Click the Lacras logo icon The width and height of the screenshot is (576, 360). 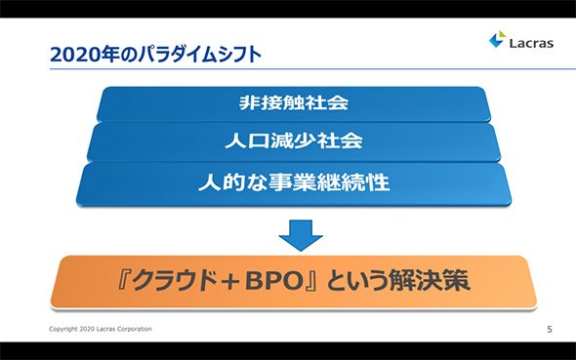pyautogui.click(x=497, y=39)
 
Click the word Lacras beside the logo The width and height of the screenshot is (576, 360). pyautogui.click(x=531, y=43)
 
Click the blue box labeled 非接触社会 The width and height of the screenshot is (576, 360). pyautogui.click(x=294, y=103)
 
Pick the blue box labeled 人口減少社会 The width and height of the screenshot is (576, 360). pyautogui.click(x=294, y=142)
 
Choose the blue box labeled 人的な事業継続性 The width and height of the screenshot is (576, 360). pyautogui.click(x=294, y=183)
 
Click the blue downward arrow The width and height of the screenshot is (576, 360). pyautogui.click(x=301, y=235)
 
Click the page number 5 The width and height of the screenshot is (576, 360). pyautogui.click(x=550, y=329)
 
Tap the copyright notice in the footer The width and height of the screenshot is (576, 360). pyautogui.click(x=101, y=329)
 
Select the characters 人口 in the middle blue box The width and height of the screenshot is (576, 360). pyautogui.click(x=247, y=140)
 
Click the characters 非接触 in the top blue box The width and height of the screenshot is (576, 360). pyautogui.click(x=271, y=102)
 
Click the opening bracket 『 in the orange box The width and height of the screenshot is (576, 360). pyautogui.click(x=123, y=281)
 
